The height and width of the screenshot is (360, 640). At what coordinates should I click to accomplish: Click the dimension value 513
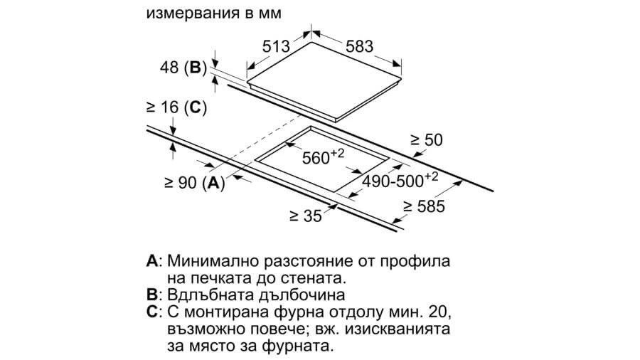tap(276, 46)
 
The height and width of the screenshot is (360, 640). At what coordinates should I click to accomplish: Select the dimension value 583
tap(360, 46)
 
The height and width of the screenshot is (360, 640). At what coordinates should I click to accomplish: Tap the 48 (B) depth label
tap(183, 68)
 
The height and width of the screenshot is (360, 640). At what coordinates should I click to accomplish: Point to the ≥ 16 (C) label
tap(177, 107)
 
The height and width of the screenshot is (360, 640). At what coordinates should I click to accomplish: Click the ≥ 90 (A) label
tap(195, 182)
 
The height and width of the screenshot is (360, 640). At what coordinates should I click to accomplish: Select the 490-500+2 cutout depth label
tap(400, 180)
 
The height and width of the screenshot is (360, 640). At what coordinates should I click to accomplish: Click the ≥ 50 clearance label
tap(427, 140)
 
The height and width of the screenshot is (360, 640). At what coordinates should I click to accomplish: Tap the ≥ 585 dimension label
tap(424, 206)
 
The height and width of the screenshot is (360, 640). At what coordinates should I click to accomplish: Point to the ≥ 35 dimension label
tap(306, 216)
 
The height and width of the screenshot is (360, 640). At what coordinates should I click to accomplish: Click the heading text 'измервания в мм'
tap(214, 13)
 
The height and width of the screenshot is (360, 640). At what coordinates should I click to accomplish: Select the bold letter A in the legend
tap(152, 261)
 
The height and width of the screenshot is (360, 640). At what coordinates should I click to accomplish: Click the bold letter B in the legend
tap(151, 295)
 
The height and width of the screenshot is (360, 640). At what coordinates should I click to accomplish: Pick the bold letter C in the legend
tap(152, 312)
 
